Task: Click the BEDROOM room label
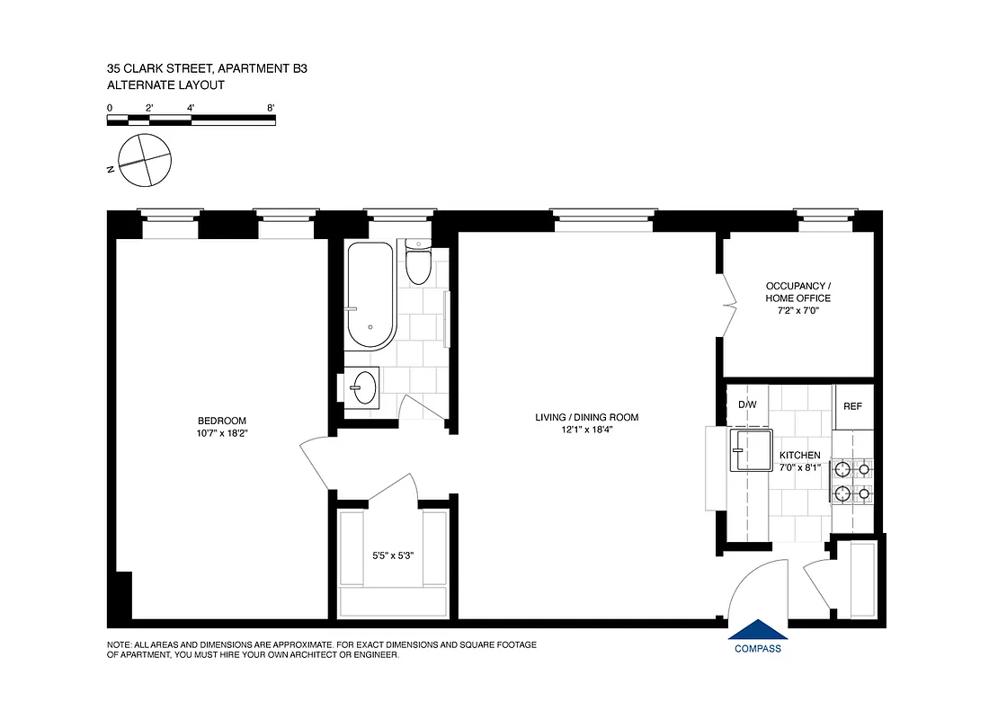coord(221,421)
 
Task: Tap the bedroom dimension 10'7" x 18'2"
coord(221,432)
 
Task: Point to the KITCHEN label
coord(799,456)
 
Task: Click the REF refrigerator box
coord(852,406)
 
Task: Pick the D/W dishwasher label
coord(747,404)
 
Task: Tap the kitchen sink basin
coord(752,449)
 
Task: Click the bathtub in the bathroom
coord(370,296)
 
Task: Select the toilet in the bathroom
coord(418,263)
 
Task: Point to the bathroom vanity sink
coord(364,388)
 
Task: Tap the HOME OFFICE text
coord(798,298)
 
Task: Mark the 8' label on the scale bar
coord(271,108)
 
